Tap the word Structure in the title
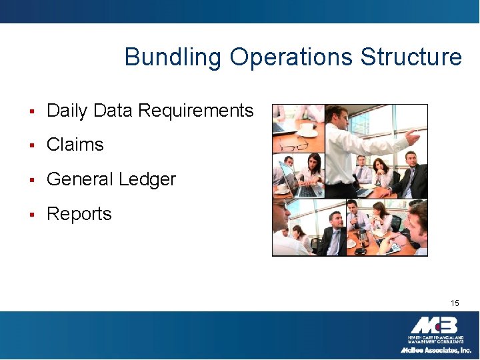[x=411, y=57]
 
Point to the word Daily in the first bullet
[x=68, y=111]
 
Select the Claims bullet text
[x=75, y=145]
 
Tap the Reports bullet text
[x=79, y=214]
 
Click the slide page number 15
[x=455, y=303]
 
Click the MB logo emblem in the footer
[x=434, y=326]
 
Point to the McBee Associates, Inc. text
[x=435, y=350]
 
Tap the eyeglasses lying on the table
[x=293, y=145]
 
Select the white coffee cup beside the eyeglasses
[x=307, y=129]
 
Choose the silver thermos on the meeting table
[x=363, y=237]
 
